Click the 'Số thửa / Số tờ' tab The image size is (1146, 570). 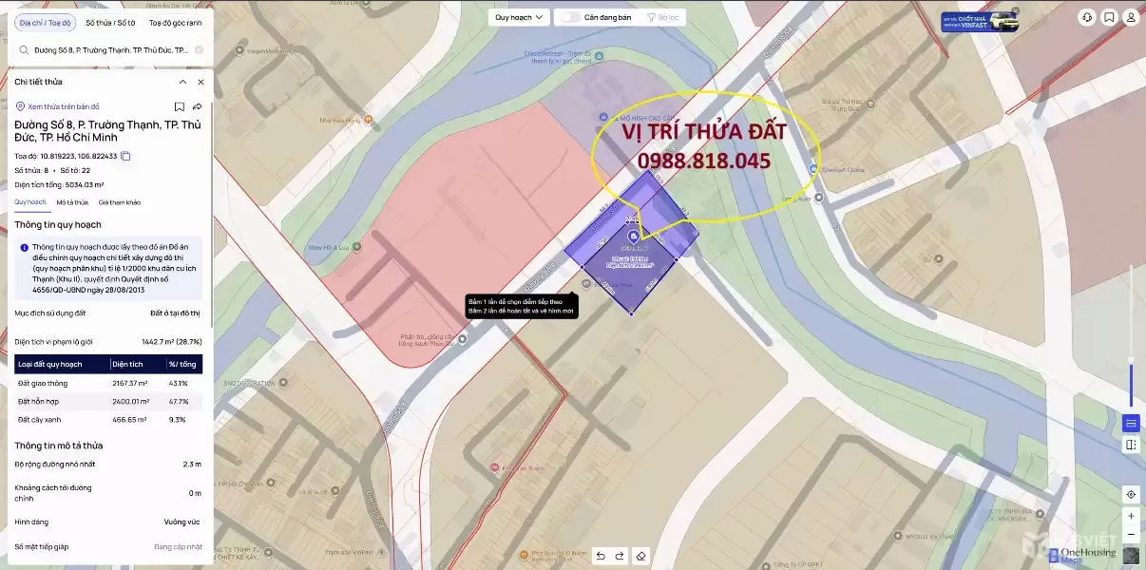[110, 23]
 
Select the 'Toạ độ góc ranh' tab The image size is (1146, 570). [175, 23]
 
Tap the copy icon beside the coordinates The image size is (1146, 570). [125, 156]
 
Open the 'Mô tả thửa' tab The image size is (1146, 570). [72, 202]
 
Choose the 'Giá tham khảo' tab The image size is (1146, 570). [120, 202]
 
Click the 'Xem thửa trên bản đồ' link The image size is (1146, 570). [64, 106]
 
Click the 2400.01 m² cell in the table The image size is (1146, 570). [130, 401]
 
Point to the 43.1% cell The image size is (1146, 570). [178, 383]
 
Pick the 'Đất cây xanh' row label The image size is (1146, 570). [37, 419]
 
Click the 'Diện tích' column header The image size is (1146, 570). [127, 364]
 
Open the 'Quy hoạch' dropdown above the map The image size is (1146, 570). [520, 17]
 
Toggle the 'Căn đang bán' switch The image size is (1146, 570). [570, 17]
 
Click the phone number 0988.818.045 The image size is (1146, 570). [703, 161]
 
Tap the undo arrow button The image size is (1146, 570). [601, 556]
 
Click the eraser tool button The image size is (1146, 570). [641, 556]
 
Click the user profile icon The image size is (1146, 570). [1131, 17]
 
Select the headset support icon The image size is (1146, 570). [1087, 17]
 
